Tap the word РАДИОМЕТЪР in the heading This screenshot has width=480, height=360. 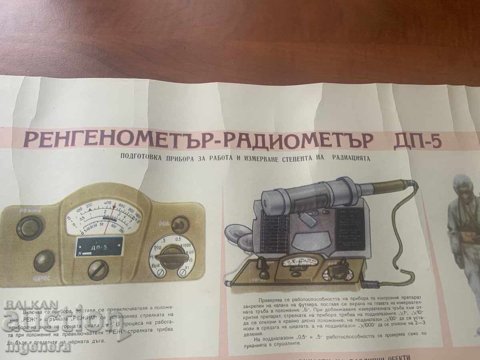pyautogui.click(x=298, y=140)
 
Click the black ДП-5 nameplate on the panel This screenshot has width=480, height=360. pyautogui.click(x=99, y=246)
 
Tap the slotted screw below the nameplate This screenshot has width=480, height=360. pyautogui.click(x=98, y=270)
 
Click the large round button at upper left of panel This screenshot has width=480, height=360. pyautogui.click(x=30, y=228)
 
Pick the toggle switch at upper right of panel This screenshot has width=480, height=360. pyautogui.click(x=180, y=225)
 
